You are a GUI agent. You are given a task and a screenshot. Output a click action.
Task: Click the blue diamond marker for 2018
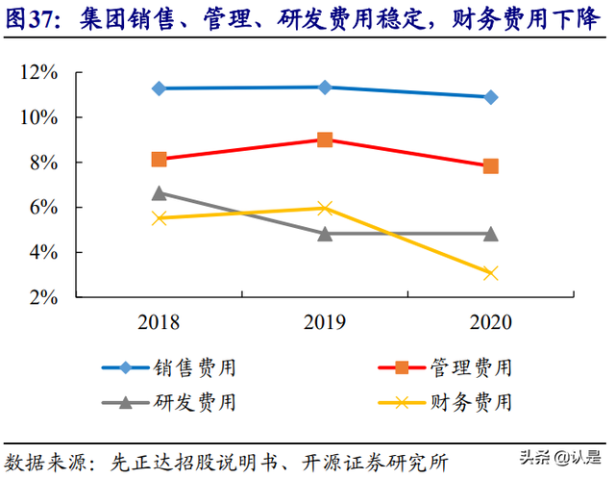[160, 88]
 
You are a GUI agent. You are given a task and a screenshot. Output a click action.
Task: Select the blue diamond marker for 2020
[490, 97]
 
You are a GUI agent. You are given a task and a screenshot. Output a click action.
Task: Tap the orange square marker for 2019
[325, 139]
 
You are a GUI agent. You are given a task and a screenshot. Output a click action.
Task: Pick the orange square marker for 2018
[160, 159]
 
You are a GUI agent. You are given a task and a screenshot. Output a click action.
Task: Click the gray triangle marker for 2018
[160, 193]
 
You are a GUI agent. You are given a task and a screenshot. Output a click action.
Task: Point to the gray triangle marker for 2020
[490, 234]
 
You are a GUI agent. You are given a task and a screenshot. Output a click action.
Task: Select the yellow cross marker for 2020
[490, 273]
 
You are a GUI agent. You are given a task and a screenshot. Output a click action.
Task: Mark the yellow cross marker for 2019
[325, 208]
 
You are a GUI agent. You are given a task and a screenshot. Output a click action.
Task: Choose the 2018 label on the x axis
[160, 322]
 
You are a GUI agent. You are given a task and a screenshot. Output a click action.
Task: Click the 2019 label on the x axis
[325, 322]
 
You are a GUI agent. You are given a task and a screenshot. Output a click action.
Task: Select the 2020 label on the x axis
[490, 322]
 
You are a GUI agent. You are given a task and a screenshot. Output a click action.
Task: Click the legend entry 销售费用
[193, 367]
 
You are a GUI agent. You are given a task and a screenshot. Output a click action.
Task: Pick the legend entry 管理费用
[469, 367]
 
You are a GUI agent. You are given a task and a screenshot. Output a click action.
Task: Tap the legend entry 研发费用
[193, 401]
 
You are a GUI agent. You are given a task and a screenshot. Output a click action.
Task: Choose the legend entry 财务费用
[469, 401]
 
